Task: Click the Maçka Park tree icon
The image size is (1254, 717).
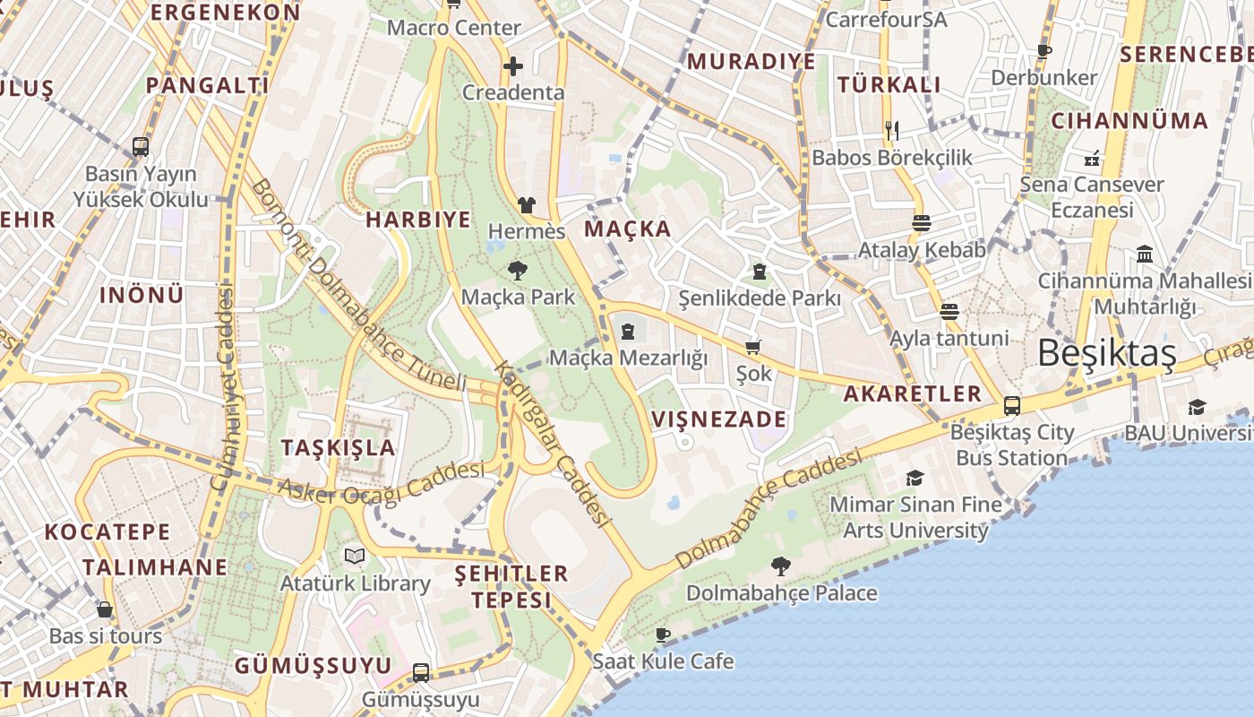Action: (x=517, y=271)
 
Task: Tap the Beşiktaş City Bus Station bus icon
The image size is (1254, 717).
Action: (x=1012, y=406)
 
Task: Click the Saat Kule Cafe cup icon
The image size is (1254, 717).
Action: (x=662, y=635)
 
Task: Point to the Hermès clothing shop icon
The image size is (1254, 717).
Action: (x=526, y=206)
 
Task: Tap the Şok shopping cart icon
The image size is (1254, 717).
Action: (x=753, y=347)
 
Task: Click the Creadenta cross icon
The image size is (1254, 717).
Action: (x=512, y=66)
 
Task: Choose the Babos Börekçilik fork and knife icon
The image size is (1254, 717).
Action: (x=891, y=131)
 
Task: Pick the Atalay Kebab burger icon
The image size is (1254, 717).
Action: (x=922, y=223)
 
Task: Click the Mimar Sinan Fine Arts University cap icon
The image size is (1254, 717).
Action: (x=915, y=478)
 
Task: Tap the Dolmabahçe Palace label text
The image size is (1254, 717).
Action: (x=782, y=593)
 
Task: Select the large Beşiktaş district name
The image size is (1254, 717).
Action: (x=1107, y=354)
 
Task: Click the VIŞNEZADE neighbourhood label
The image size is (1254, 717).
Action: (x=719, y=419)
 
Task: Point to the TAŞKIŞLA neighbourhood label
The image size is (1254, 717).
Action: (x=338, y=448)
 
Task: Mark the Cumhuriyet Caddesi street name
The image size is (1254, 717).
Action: (x=222, y=387)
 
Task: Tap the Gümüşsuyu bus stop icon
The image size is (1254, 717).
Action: (x=420, y=672)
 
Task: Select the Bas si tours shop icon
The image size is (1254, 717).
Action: (x=105, y=610)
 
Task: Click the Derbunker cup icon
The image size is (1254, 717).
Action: (x=1044, y=52)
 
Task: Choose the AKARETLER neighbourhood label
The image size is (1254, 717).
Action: (x=913, y=393)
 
